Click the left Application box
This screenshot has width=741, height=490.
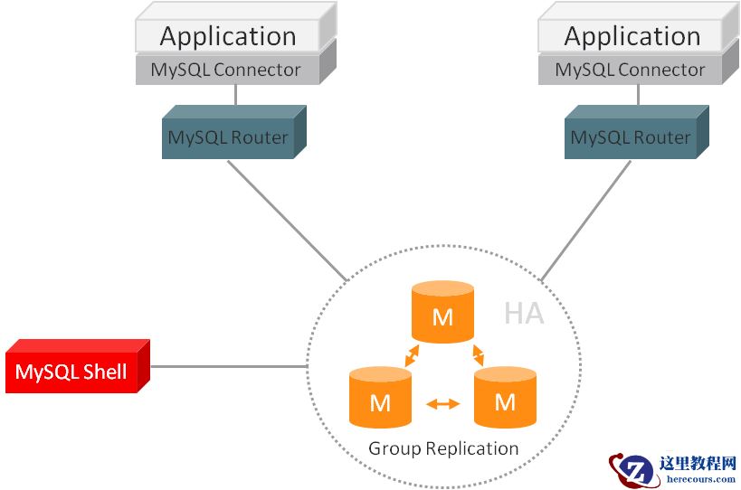point(228,36)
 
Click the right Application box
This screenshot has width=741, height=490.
point(632,36)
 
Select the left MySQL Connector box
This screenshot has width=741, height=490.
point(225,70)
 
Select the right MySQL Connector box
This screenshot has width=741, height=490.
point(630,70)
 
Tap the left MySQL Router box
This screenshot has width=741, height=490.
point(228,138)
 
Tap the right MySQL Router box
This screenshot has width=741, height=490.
point(631,138)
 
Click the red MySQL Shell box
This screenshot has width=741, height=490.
point(71,372)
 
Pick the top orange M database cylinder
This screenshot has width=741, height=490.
point(442,313)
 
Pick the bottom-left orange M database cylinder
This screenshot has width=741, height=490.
point(380,398)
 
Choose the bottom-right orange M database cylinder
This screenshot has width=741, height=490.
point(505,398)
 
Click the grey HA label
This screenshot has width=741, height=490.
point(524,314)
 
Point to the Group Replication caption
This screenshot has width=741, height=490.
point(443,448)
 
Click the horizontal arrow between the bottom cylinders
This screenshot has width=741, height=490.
point(442,404)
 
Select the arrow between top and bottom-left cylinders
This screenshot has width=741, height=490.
point(411,355)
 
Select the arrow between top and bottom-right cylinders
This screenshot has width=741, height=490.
point(476,355)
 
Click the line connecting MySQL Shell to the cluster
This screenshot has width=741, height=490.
point(226,367)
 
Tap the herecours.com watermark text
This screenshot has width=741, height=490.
point(698,479)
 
